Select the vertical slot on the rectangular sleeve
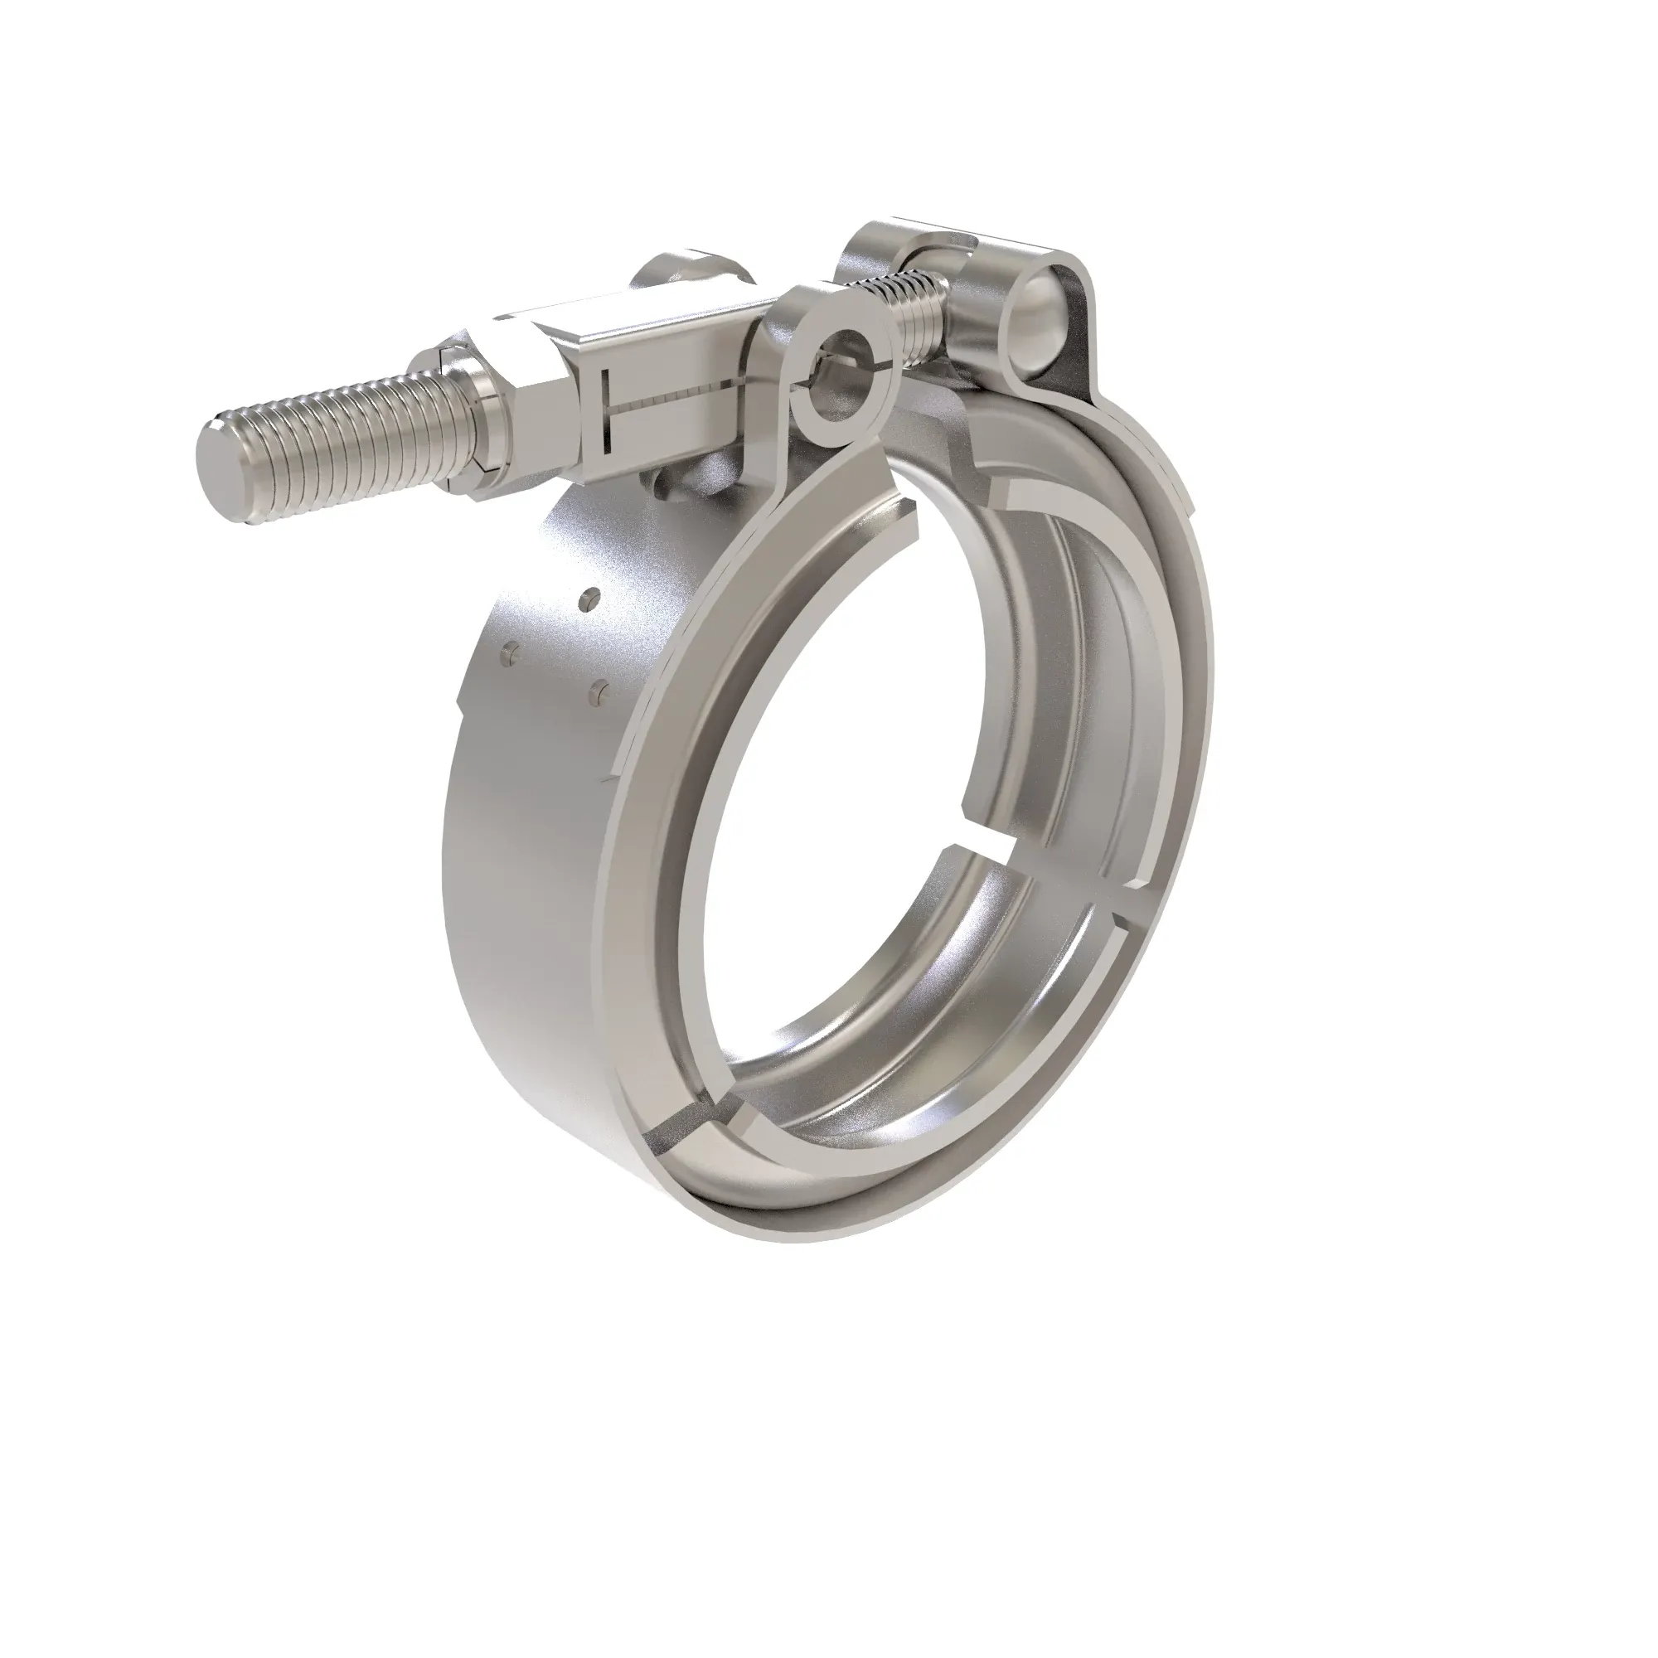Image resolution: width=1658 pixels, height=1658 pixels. (x=606, y=411)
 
